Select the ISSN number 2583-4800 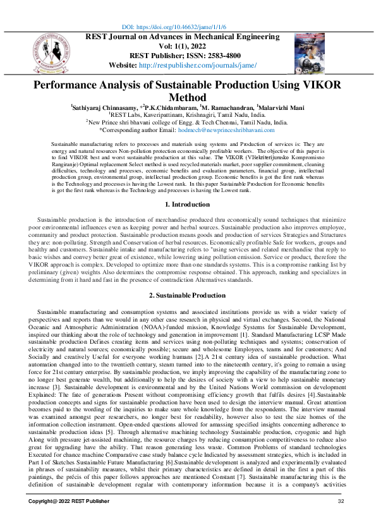point(226,56)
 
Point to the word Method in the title point(188,97)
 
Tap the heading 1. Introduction point(187,187)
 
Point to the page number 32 point(341,519)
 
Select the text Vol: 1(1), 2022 point(188,46)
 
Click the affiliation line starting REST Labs point(187,116)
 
